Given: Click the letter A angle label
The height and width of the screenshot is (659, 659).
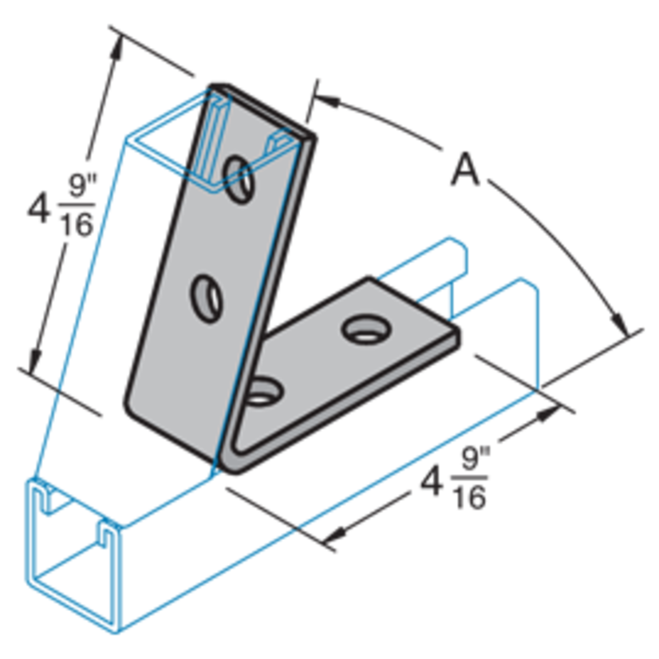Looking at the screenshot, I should pyautogui.click(x=466, y=171).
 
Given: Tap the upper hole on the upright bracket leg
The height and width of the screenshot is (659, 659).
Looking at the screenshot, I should pyautogui.click(x=239, y=176).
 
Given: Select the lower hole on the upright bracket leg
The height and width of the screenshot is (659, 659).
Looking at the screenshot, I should pyautogui.click(x=206, y=298).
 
